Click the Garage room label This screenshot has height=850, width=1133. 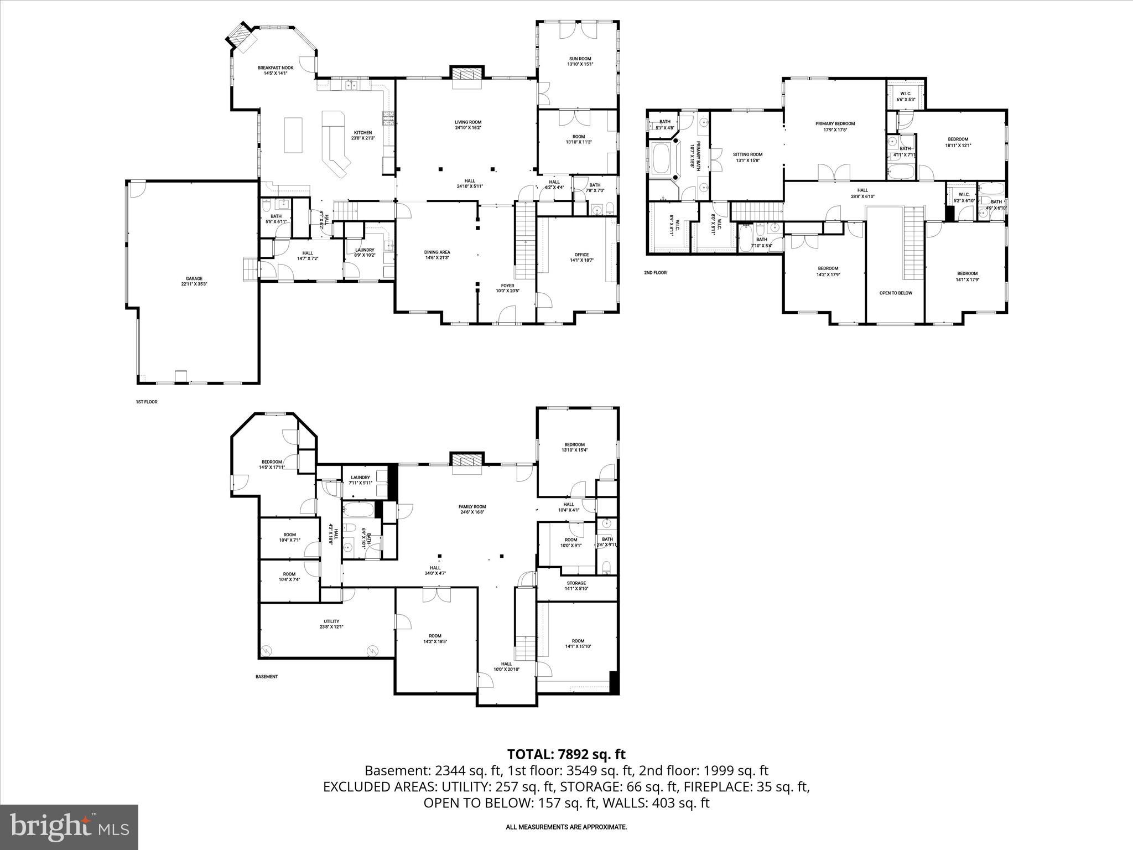194,281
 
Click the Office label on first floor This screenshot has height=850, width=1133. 581,257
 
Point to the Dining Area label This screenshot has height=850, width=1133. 437,255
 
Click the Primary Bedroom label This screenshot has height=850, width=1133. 835,127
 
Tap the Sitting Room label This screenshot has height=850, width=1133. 748,158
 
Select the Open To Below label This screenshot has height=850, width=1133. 896,293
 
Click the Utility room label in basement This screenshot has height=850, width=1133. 331,624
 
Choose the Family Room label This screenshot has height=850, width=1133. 472,509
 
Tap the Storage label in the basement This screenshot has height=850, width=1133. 576,585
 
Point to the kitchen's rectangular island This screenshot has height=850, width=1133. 294,134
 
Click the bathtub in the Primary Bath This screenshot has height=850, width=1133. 662,159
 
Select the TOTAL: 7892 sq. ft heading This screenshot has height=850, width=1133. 566,754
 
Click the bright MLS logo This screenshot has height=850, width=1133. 69,827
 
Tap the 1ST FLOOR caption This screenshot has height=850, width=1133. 147,402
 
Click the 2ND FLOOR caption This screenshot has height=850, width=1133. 655,272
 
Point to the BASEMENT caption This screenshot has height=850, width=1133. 267,677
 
